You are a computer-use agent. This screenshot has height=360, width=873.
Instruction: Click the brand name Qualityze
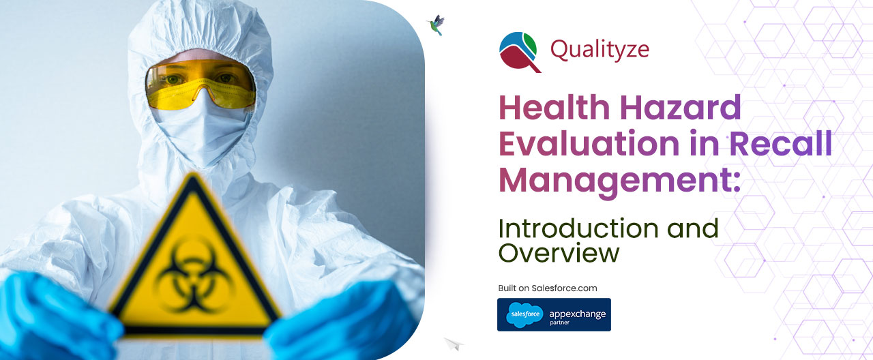point(600,49)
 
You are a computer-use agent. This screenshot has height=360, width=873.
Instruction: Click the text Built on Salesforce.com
point(547,288)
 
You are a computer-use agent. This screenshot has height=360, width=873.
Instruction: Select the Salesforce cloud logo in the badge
point(524,314)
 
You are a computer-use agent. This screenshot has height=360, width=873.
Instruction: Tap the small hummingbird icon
point(434,25)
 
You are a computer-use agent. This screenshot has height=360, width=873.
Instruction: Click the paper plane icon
point(453,344)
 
